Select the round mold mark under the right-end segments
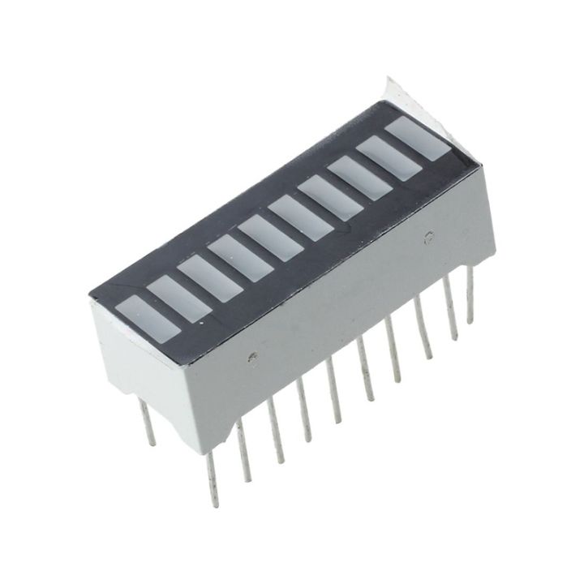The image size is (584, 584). (427, 237)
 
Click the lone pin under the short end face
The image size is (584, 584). (147, 427)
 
